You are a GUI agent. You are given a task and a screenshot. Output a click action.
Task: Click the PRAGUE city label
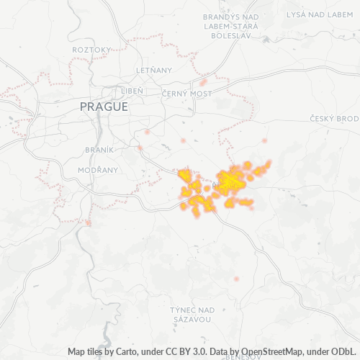click(104, 107)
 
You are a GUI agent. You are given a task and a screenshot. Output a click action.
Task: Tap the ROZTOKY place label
click(91, 49)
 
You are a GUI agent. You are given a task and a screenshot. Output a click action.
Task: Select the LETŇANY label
click(154, 70)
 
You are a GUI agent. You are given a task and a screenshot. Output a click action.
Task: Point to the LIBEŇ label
click(131, 91)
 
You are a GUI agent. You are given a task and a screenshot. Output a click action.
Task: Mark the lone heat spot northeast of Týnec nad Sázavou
click(235, 279)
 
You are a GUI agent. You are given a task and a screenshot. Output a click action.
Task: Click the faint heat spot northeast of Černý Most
click(204, 81)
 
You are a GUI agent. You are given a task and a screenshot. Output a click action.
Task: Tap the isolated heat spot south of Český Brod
click(264, 140)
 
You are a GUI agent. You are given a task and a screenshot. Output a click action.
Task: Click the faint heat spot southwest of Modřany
click(88, 223)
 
